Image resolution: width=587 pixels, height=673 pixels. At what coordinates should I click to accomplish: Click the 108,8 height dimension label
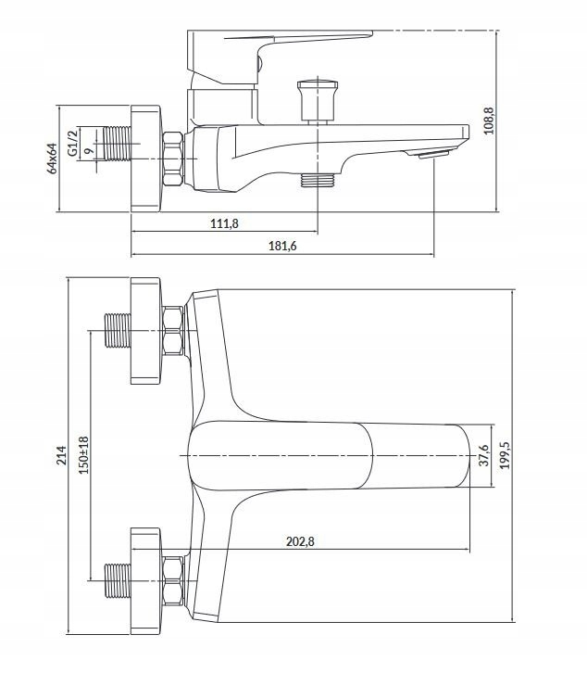tap(489, 121)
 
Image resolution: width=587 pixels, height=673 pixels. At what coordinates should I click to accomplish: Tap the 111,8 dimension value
tap(224, 223)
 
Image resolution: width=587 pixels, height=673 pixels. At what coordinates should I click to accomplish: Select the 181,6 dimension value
tap(282, 246)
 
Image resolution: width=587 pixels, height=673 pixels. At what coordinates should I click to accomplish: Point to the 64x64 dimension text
tap(52, 158)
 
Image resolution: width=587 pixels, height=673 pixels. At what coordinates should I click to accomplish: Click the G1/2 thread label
tap(73, 143)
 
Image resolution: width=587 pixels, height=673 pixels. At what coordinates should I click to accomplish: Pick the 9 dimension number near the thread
tap(89, 151)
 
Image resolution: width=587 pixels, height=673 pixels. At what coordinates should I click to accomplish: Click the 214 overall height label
tap(62, 455)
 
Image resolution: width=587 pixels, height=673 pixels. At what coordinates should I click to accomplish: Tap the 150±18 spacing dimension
tap(83, 455)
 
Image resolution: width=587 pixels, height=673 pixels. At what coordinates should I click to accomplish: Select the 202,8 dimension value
tap(300, 541)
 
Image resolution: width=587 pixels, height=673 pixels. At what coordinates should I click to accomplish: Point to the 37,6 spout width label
tap(483, 455)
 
